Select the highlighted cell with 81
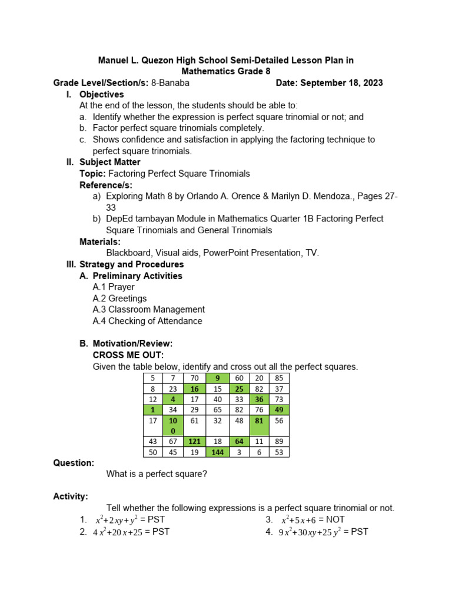258,421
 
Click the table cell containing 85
278,377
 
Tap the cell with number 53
278,452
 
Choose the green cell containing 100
173,426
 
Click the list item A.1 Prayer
113,287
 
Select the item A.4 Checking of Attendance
147,321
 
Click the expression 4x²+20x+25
117,532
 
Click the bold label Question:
74,463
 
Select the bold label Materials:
100,241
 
